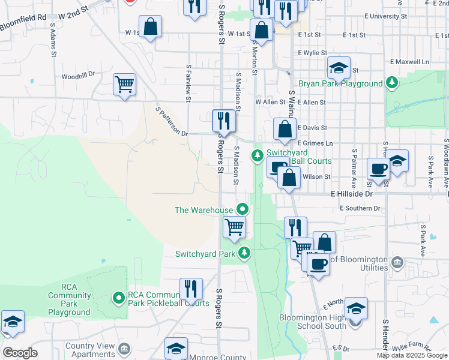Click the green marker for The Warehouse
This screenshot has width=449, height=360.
(x=243, y=209)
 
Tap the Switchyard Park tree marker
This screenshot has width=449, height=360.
(x=244, y=253)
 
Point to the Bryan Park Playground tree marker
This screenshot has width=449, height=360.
(x=392, y=83)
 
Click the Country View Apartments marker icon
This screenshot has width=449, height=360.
(x=124, y=349)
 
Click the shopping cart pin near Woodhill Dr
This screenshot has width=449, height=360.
(x=125, y=85)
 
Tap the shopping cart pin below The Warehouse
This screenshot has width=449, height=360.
(x=234, y=227)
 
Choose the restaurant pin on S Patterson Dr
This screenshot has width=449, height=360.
(x=223, y=120)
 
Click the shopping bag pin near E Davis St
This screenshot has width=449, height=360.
(x=285, y=128)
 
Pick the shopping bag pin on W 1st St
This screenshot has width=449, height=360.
(x=151, y=27)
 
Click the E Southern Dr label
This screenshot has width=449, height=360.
(x=360, y=208)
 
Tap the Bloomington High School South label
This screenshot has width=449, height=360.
(x=313, y=322)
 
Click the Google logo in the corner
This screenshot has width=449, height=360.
(x=20, y=353)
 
